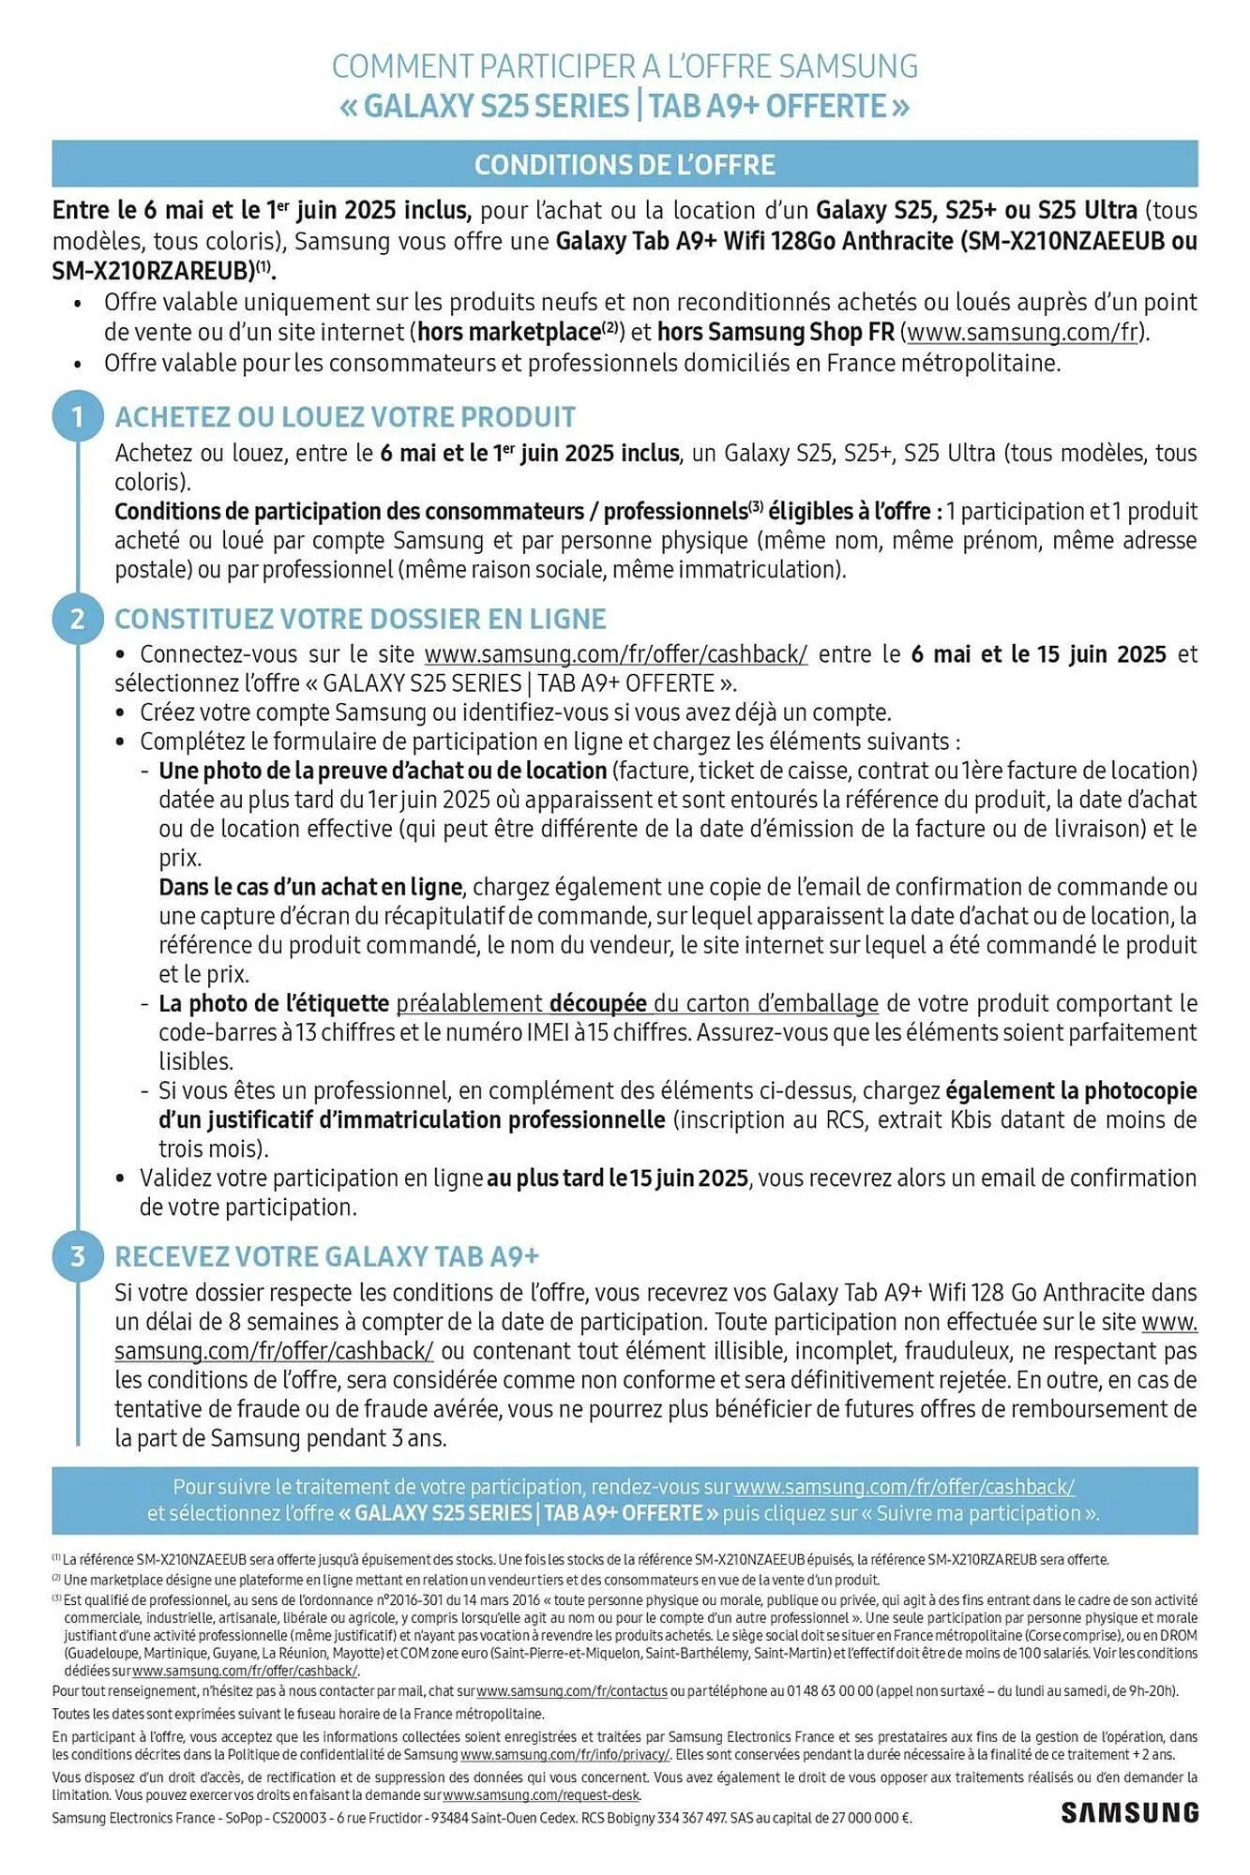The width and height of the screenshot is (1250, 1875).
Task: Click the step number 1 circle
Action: coord(78,416)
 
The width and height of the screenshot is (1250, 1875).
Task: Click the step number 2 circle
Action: coord(78,619)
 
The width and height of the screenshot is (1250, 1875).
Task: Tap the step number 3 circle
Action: coord(78,1256)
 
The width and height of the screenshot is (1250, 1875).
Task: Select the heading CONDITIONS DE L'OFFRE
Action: coord(625,165)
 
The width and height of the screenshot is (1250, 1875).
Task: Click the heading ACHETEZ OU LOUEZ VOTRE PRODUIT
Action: coord(345,417)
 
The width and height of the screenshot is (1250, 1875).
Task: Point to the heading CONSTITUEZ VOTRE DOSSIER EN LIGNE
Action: coord(360,619)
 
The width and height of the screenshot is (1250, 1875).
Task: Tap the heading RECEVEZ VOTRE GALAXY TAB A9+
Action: coord(326,1256)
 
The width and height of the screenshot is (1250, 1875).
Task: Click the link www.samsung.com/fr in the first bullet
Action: coord(1023,332)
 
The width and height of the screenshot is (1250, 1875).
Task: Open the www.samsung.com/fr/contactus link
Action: coord(572,1691)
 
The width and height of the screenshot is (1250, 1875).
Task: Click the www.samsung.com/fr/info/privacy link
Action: coord(565,1754)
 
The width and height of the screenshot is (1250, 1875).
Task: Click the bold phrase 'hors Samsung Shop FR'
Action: coord(776,332)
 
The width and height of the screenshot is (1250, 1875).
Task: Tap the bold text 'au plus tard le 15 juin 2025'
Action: coord(617,1177)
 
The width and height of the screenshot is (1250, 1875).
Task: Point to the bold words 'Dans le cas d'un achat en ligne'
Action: coord(310,887)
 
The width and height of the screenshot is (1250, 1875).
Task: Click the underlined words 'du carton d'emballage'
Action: coord(765,1004)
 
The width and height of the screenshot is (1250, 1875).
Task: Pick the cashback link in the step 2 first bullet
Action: coord(615,654)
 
